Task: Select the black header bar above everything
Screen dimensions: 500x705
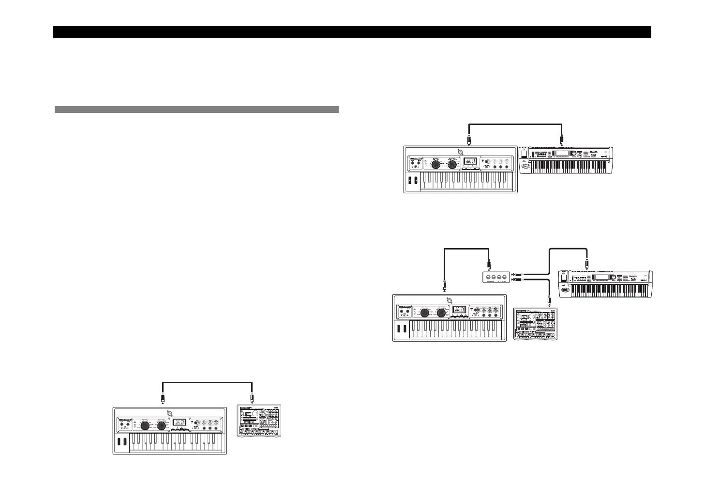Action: pos(352,32)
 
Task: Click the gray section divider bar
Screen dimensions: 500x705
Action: pos(196,109)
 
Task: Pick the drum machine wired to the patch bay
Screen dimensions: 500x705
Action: pos(535,324)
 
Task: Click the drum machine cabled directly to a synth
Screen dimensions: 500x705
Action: pos(259,420)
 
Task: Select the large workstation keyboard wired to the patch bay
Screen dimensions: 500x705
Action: pos(605,284)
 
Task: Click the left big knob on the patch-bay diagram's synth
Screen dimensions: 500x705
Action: pos(425,313)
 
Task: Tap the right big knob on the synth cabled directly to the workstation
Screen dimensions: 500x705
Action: pos(452,165)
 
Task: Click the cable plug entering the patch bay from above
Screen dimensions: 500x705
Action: pos(490,266)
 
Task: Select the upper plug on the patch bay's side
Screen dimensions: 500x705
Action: pos(516,275)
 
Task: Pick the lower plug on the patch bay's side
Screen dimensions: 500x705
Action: pos(516,280)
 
